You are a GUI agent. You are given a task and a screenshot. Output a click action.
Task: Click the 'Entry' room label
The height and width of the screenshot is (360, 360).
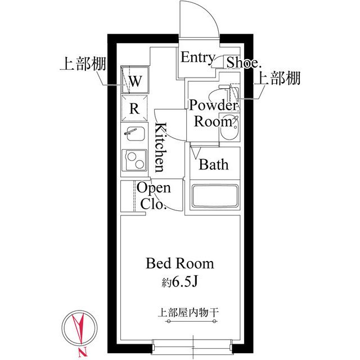click(x=197, y=58)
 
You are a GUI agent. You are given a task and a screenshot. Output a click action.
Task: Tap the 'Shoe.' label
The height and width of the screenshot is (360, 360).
click(x=243, y=62)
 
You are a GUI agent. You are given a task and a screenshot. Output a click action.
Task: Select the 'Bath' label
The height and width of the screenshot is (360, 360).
click(x=214, y=165)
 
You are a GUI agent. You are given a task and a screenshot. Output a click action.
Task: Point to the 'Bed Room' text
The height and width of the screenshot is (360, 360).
click(x=180, y=263)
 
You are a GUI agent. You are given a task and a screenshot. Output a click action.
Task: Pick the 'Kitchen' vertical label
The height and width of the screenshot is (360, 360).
click(x=160, y=147)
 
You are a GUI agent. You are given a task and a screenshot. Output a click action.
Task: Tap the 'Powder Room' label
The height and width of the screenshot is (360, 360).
click(x=213, y=113)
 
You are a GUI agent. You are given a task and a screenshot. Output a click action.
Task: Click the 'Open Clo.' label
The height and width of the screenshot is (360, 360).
click(x=154, y=196)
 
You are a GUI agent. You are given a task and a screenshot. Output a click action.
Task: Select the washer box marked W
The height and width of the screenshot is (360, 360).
click(x=136, y=80)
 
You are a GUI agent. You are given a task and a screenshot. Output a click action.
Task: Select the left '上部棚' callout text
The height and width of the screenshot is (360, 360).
click(x=80, y=62)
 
